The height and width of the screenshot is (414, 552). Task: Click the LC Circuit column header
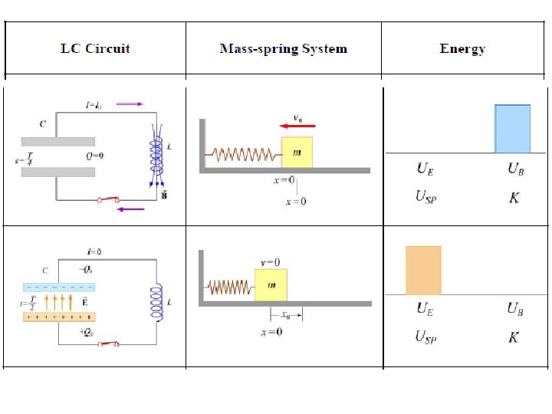pyautogui.click(x=95, y=49)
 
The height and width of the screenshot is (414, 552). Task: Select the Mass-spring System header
pyautogui.click(x=283, y=49)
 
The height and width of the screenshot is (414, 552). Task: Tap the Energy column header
pyautogui.click(x=462, y=49)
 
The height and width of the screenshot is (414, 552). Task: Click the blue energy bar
pyautogui.click(x=512, y=129)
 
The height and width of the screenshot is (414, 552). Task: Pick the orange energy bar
pyautogui.click(x=423, y=270)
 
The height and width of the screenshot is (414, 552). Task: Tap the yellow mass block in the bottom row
pyautogui.click(x=271, y=285)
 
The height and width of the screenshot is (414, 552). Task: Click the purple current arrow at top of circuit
pyautogui.click(x=129, y=103)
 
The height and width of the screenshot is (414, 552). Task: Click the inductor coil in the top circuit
pyautogui.click(x=157, y=156)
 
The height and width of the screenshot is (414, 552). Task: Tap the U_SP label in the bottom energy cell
pyautogui.click(x=426, y=337)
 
